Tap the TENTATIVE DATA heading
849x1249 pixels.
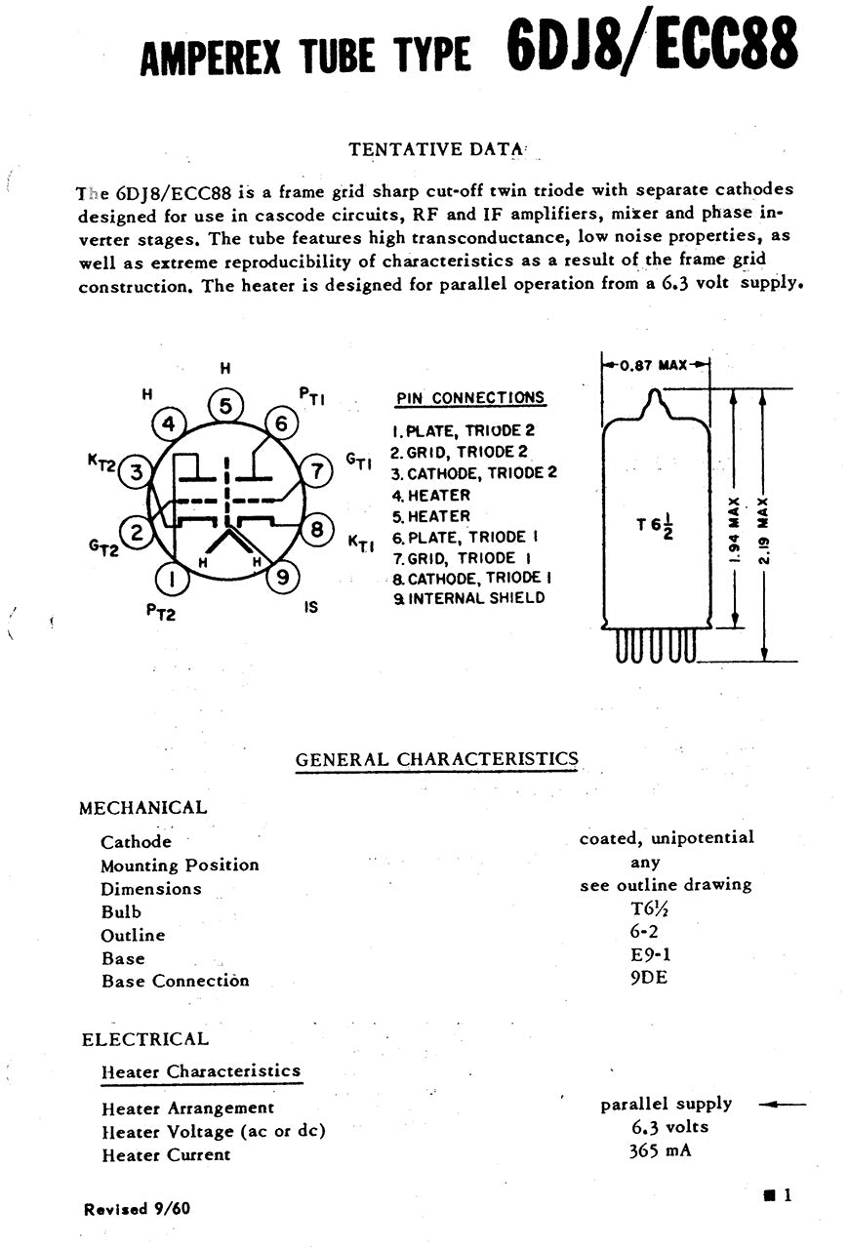pyautogui.click(x=436, y=149)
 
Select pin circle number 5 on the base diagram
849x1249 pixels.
pyautogui.click(x=225, y=405)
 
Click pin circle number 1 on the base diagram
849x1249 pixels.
pyautogui.click(x=173, y=582)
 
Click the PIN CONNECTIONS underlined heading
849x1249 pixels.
pyautogui.click(x=470, y=398)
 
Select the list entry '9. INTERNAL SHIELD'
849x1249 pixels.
pyautogui.click(x=468, y=598)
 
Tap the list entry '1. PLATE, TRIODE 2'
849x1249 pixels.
pyautogui.click(x=464, y=430)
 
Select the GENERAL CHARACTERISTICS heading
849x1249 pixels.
pyautogui.click(x=436, y=759)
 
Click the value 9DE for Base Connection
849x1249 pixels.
pyautogui.click(x=649, y=977)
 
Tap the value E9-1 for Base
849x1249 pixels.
pyautogui.click(x=650, y=954)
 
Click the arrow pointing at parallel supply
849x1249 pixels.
pyautogui.click(x=782, y=1105)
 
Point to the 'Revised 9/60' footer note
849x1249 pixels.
pyautogui.click(x=138, y=1208)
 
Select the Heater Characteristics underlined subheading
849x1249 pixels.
pyautogui.click(x=201, y=1071)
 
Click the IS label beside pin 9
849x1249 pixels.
pyautogui.click(x=311, y=606)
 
